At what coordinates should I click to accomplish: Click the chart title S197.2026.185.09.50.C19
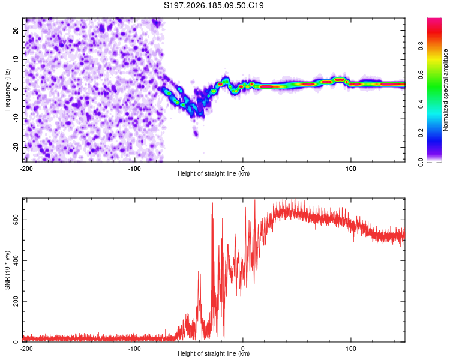tap(214, 5)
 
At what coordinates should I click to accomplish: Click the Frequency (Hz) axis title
tap(7, 90)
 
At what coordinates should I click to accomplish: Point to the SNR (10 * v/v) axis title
tap(7, 270)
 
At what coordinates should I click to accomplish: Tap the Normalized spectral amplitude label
tap(445, 90)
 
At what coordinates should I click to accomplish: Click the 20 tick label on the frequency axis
tap(16, 30)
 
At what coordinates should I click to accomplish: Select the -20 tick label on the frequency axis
tap(16, 147)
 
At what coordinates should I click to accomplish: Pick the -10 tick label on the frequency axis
tap(16, 118)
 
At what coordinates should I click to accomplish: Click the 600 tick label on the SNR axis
tap(16, 220)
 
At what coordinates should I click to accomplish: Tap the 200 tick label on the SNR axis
tap(16, 301)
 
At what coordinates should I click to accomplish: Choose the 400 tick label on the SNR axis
tap(16, 260)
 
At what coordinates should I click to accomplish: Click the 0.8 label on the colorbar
tap(421, 46)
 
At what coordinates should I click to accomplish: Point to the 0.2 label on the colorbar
tap(421, 133)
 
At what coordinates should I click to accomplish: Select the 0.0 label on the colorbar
tap(421, 162)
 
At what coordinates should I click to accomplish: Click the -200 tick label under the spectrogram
tap(26, 169)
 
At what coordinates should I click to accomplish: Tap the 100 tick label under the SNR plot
tap(351, 349)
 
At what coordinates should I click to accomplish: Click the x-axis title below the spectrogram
tap(214, 173)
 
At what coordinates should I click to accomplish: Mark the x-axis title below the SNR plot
tap(214, 353)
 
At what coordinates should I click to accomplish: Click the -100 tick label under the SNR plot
tap(134, 349)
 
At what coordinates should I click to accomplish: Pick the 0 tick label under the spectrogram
tap(243, 169)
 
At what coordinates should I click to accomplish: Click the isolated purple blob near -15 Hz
tap(196, 133)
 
